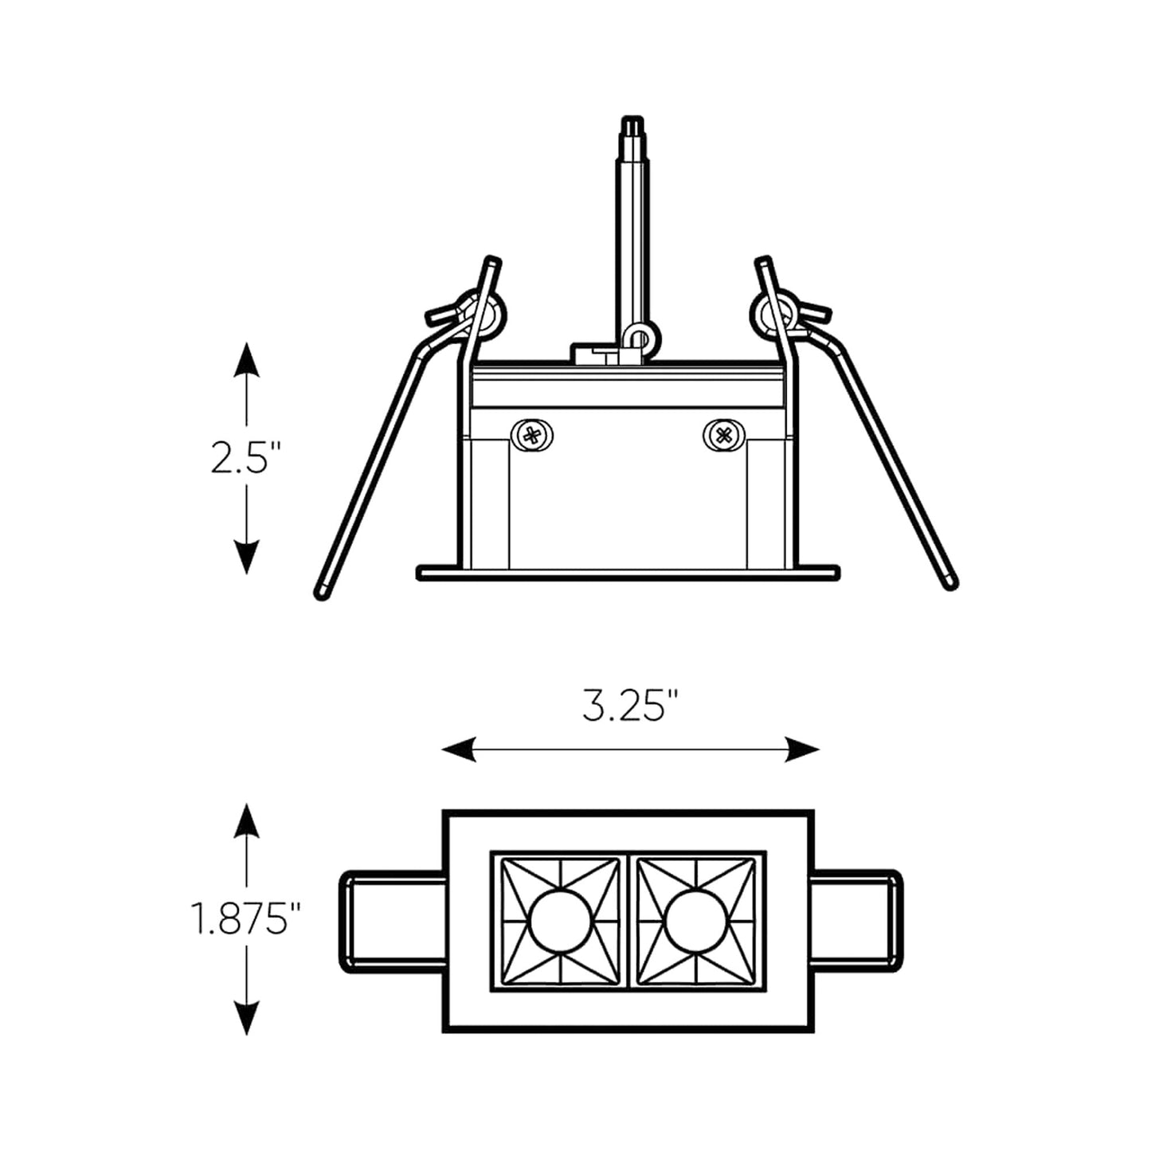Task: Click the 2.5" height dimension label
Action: coord(245,458)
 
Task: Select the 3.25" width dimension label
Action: coord(631,705)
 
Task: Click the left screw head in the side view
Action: coord(531,436)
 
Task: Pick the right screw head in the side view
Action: coord(724,436)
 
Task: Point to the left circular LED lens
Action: coord(560,921)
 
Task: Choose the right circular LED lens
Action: coord(695,921)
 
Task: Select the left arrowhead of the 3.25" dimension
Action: coord(459,750)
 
